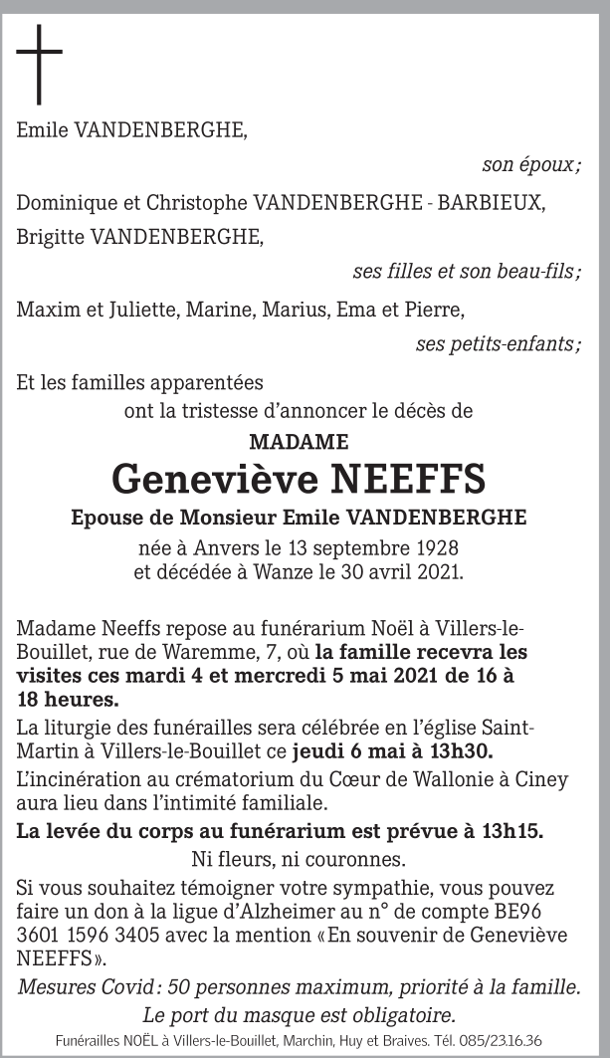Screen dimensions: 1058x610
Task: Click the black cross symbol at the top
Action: tap(40, 64)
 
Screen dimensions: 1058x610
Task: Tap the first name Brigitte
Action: tap(49, 237)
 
